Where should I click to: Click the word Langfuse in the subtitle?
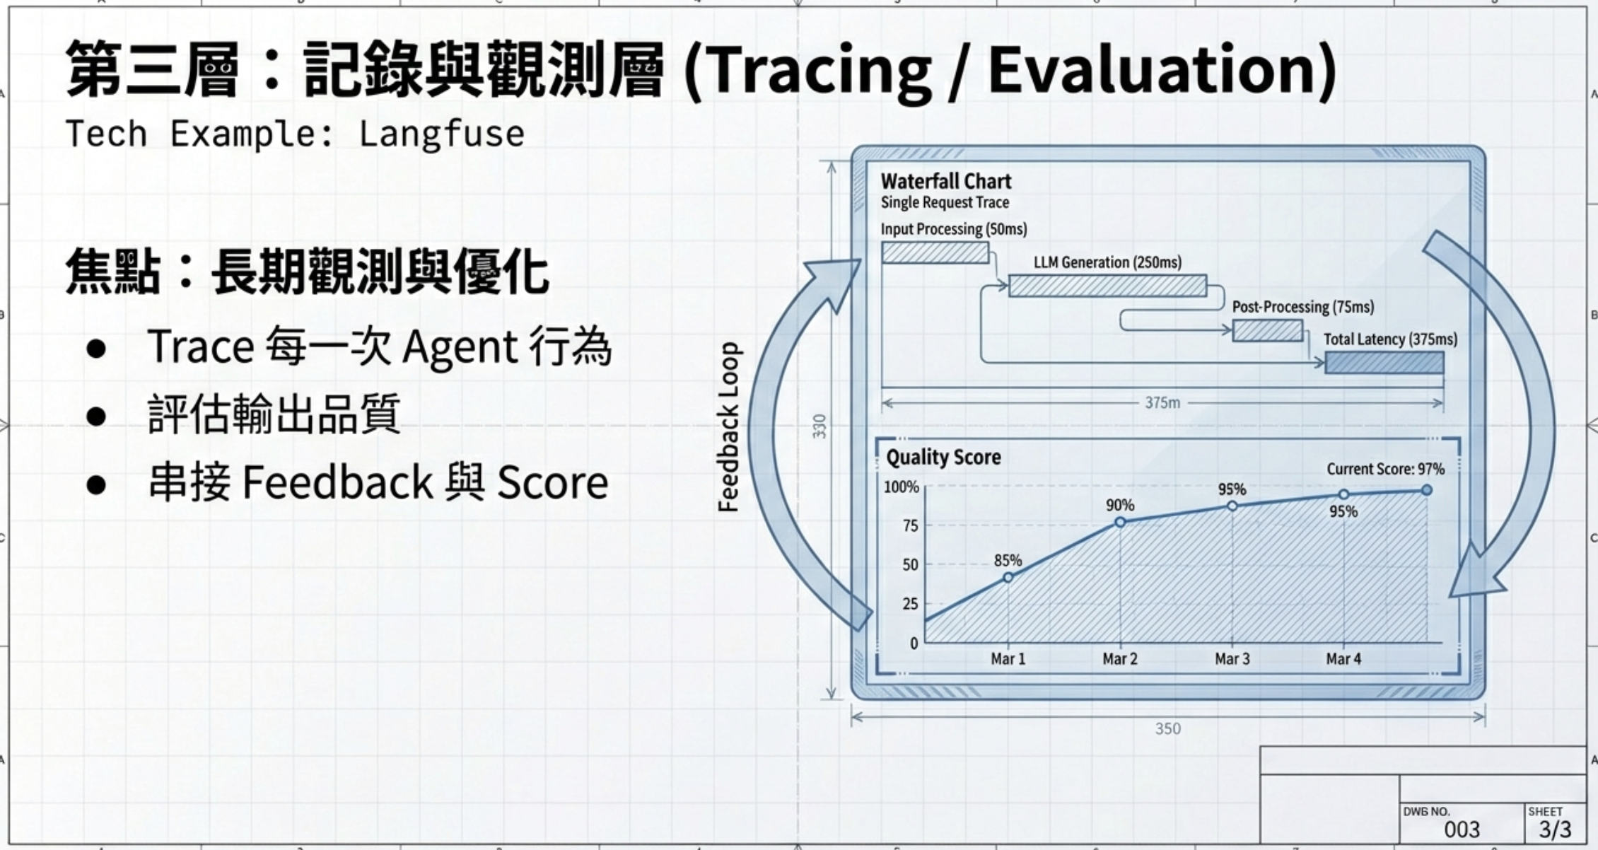coord(441,134)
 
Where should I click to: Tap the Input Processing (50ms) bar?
coord(935,252)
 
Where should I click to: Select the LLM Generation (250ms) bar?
coord(1107,286)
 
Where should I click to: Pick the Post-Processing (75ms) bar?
coord(1267,330)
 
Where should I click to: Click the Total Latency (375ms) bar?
coord(1384,363)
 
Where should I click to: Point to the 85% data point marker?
coord(1008,578)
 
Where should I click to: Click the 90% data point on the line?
coord(1120,522)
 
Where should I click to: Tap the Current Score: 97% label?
coord(1384,469)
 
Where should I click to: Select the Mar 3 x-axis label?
coord(1232,659)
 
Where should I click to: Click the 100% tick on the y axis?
coord(901,487)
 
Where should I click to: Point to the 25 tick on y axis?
coord(910,604)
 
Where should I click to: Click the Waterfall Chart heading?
coord(945,182)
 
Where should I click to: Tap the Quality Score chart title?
coord(943,458)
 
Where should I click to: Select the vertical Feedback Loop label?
coord(728,427)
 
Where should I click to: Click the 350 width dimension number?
coord(1167,728)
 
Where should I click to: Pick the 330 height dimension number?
coord(820,426)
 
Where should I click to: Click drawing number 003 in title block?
coord(1462,829)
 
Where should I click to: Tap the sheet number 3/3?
coord(1555,829)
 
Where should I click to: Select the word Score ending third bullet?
coord(552,483)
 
